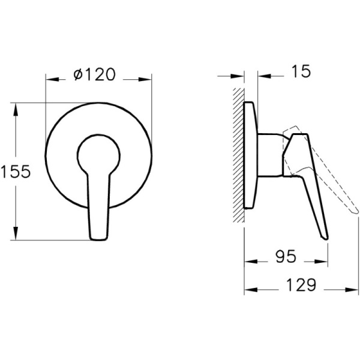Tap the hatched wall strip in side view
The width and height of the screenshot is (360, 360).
pos(238,156)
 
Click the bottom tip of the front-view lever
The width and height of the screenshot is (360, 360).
pos(98,236)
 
